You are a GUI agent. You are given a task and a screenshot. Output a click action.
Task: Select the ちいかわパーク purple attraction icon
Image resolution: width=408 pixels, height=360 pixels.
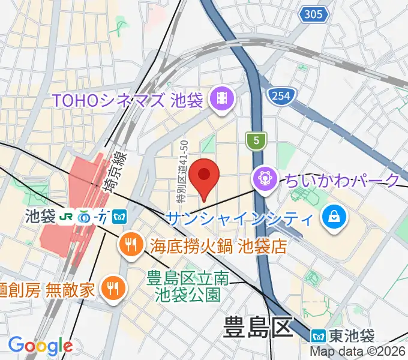264,178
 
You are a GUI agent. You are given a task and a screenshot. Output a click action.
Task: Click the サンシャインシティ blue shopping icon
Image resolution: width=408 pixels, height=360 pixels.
332,216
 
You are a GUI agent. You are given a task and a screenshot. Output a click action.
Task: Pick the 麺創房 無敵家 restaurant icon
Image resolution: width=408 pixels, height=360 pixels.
111,289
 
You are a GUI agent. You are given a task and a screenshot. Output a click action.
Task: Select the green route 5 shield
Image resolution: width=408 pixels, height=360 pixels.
256,140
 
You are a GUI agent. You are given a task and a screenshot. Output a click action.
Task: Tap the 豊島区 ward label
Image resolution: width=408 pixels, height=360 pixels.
257,329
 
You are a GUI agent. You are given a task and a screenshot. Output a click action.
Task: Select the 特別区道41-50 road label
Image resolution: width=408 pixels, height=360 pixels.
182,171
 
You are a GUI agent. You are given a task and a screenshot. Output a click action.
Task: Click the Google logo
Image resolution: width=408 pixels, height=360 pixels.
40,345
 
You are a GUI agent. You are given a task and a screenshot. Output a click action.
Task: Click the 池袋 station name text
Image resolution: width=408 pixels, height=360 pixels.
40,215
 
